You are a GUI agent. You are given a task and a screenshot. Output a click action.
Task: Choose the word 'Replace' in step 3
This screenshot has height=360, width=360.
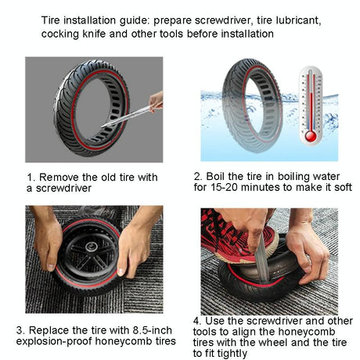(59, 329)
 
